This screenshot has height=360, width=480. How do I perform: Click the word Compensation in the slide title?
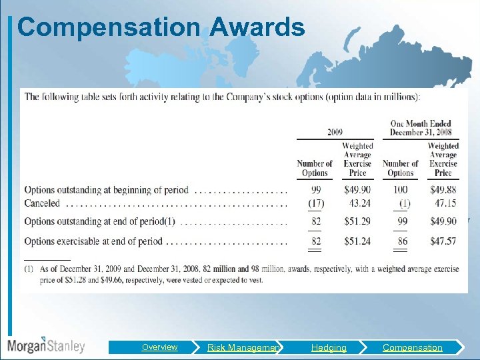(x=109, y=28)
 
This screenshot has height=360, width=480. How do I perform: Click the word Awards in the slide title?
(x=257, y=28)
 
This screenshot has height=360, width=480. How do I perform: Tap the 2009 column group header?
(x=335, y=132)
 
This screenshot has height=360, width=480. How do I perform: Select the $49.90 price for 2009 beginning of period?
(x=357, y=191)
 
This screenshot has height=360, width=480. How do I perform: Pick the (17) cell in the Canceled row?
(x=315, y=203)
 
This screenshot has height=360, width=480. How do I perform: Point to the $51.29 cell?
(x=357, y=221)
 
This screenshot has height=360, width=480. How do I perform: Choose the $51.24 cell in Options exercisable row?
(x=357, y=241)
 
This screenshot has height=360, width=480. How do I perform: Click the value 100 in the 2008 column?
(x=400, y=191)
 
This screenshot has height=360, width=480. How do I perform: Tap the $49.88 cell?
(x=443, y=191)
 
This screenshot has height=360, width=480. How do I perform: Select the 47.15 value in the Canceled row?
(x=445, y=203)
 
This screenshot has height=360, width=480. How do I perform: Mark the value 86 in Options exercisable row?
(x=401, y=241)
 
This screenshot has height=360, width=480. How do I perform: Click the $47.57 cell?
(x=443, y=241)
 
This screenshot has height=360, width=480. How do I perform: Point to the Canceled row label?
(x=42, y=203)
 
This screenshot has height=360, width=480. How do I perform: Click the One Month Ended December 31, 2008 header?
(x=421, y=127)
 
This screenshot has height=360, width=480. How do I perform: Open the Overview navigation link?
(x=159, y=347)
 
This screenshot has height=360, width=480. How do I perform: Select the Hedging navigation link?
(x=329, y=347)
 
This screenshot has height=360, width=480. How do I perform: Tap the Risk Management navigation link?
(x=243, y=347)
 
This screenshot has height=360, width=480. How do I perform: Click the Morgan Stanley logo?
(x=46, y=345)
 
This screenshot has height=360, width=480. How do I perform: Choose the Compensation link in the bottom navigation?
(x=412, y=347)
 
